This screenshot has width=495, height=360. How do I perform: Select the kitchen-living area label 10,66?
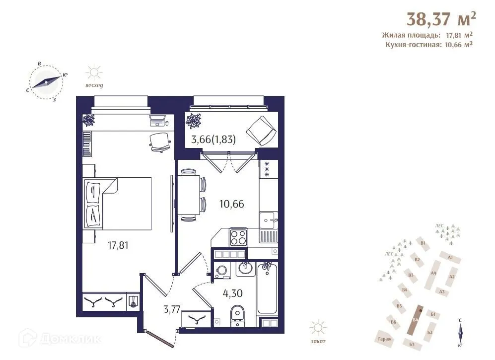[232, 203]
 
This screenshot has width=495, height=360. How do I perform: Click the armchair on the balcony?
[260, 131]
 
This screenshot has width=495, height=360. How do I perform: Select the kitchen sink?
[269, 219]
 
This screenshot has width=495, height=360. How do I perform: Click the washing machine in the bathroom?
[221, 271]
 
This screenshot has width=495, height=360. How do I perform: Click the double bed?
[119, 204]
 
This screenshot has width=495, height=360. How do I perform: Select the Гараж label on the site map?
[384, 339]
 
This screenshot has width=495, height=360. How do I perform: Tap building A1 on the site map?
[450, 257]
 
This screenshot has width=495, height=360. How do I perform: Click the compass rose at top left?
[47, 82]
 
